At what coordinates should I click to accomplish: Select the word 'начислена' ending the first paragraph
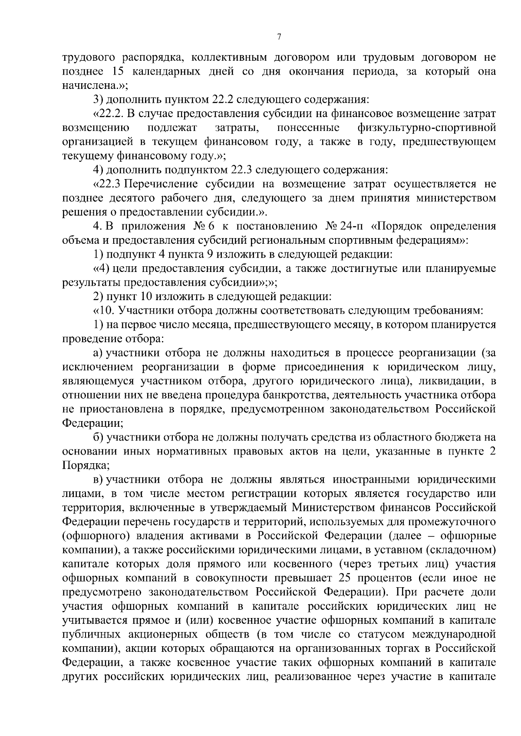point(83,85)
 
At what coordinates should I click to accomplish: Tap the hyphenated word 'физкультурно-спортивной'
point(426,128)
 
